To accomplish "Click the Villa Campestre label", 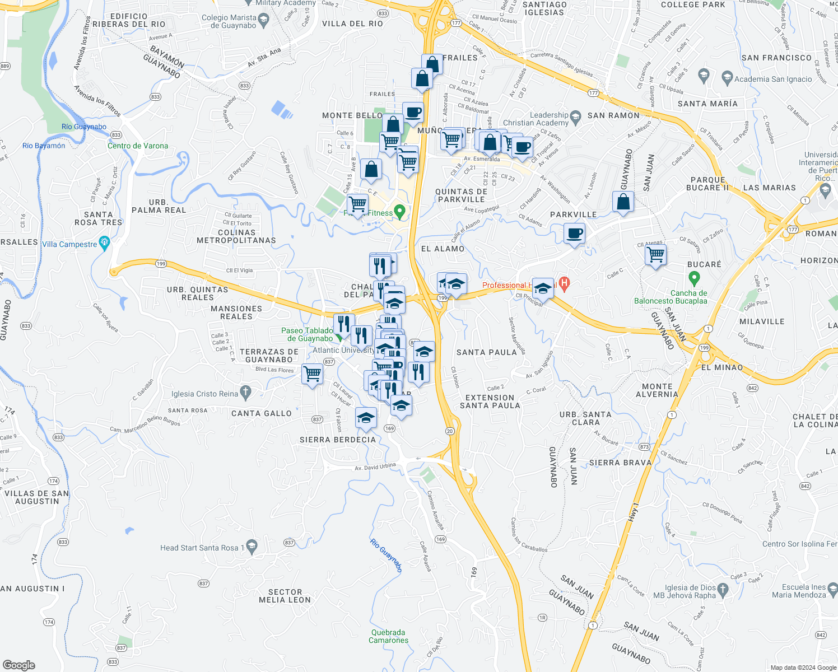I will [x=69, y=244].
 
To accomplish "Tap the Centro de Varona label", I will [x=138, y=146].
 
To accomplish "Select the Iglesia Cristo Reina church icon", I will [x=245, y=393].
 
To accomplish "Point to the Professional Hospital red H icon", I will [x=564, y=284].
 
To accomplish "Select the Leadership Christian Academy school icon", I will [x=575, y=119].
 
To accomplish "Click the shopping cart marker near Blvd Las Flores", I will [x=312, y=373].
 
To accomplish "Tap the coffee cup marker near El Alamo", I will [x=574, y=233].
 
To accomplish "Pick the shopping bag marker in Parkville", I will [x=623, y=202].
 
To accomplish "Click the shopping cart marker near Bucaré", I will [x=655, y=255].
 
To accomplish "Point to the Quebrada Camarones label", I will [x=388, y=636].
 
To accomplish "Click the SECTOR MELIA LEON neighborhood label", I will [x=285, y=596].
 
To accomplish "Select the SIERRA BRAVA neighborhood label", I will [x=620, y=463].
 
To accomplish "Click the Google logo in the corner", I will [x=18, y=665].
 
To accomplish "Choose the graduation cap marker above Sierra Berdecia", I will [x=366, y=418].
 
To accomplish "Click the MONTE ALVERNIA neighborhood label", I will [x=657, y=390].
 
